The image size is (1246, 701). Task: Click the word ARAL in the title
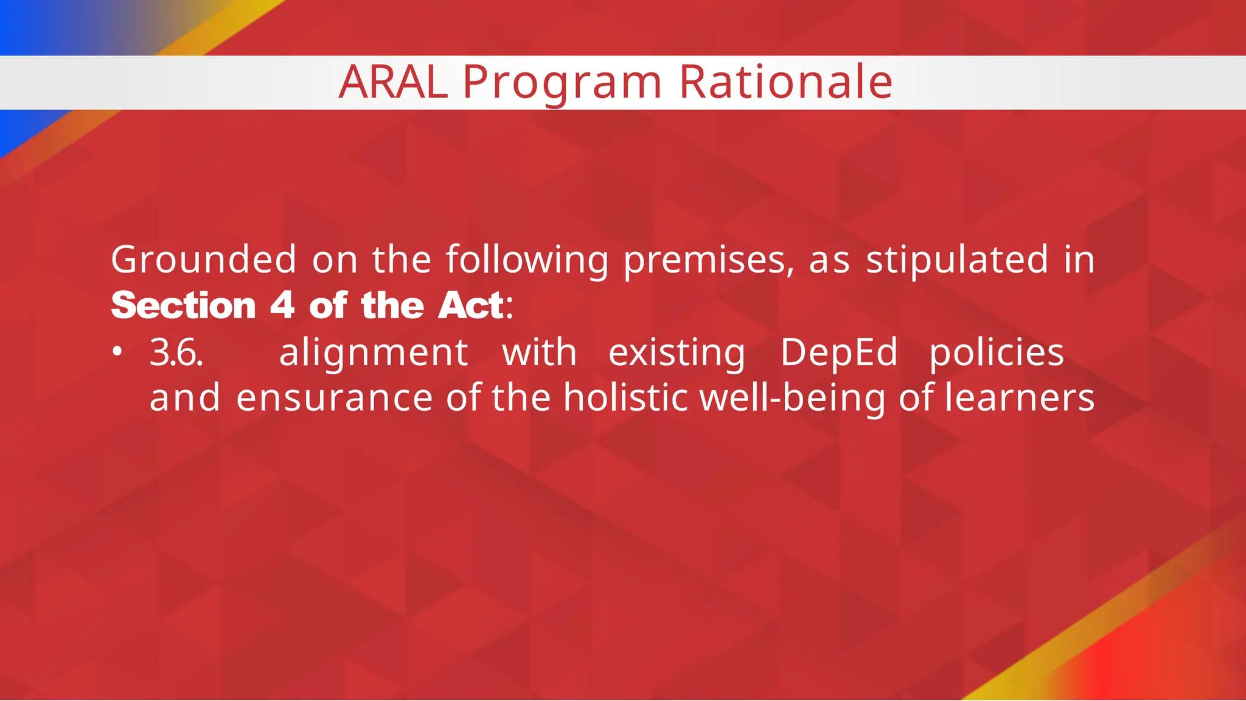click(393, 82)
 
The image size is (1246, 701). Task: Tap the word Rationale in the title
click(785, 82)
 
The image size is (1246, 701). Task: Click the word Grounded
click(204, 260)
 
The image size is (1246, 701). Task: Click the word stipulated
click(957, 260)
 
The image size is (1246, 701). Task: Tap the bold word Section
click(184, 305)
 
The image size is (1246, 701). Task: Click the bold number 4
click(282, 305)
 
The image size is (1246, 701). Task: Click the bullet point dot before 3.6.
click(118, 352)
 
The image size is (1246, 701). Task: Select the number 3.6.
click(176, 353)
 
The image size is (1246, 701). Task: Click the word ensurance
click(334, 398)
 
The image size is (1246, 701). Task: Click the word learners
click(1020, 398)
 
